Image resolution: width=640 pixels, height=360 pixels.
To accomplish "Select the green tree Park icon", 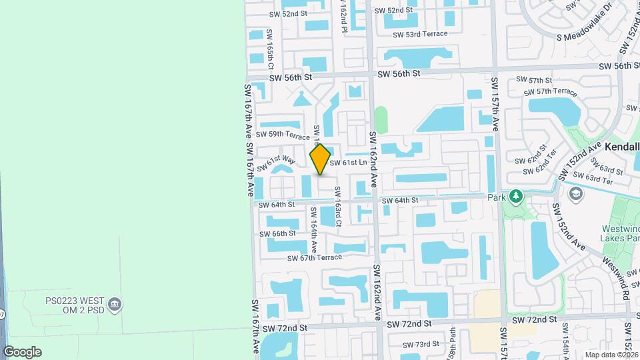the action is click(x=515, y=197).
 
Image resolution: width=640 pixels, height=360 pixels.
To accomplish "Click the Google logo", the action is click(x=22, y=352).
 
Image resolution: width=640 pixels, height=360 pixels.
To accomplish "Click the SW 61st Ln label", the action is click(x=348, y=163).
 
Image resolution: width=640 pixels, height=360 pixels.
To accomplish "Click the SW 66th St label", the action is click(x=277, y=233).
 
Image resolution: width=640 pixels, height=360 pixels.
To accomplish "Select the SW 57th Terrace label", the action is click(x=546, y=91).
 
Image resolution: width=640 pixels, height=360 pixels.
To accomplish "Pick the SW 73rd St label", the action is click(x=421, y=344).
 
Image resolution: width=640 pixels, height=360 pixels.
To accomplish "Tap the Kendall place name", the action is click(x=622, y=145).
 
